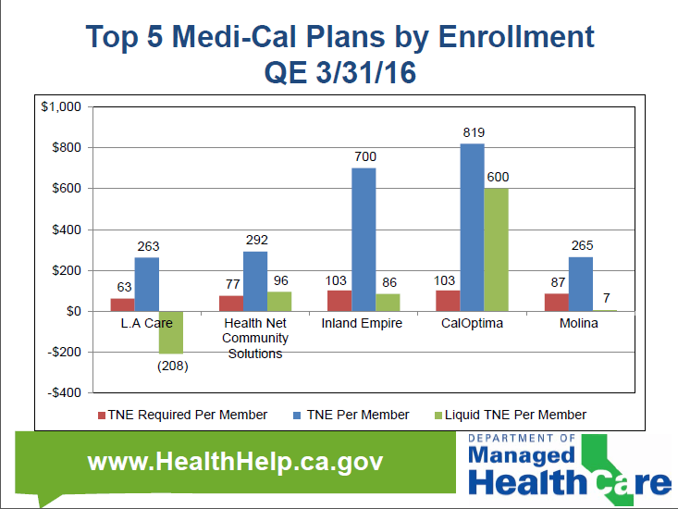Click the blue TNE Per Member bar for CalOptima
click(x=472, y=227)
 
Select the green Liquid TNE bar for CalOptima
click(x=496, y=249)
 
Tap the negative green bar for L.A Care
click(x=170, y=332)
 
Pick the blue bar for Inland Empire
click(x=363, y=239)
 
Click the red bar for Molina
click(x=557, y=302)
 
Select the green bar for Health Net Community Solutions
click(x=278, y=301)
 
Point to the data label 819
click(x=473, y=132)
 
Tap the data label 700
click(x=364, y=156)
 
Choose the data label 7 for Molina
click(x=607, y=298)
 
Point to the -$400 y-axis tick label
click(x=62, y=392)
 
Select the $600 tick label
click(x=66, y=188)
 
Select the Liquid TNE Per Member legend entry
click(x=515, y=415)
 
